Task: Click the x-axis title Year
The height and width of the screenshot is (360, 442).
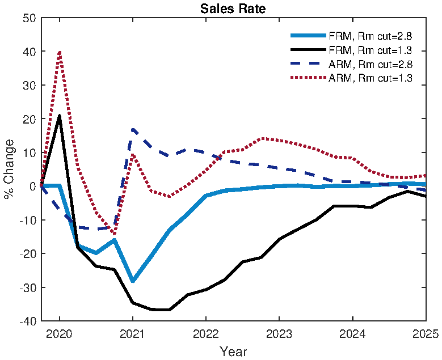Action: coord(233,351)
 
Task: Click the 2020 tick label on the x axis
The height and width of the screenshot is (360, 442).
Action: coord(60,334)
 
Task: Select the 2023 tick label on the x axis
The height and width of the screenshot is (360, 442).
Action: coord(279,334)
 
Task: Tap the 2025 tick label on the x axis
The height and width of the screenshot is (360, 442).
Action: coord(426,334)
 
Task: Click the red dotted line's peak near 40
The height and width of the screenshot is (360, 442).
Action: coord(60,52)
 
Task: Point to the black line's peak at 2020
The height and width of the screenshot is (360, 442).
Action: coord(60,116)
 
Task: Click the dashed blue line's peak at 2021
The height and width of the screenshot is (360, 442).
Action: coord(133,130)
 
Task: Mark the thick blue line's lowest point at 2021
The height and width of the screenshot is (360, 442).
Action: coord(133,281)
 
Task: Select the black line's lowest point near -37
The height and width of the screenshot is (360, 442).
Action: coord(162,310)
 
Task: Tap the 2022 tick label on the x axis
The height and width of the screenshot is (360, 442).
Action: coord(206,334)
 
